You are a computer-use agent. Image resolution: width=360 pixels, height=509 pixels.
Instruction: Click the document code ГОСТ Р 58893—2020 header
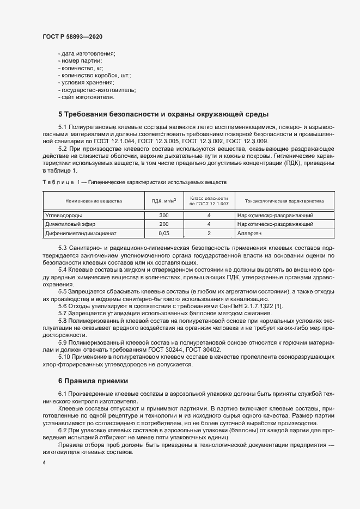pos(72,36)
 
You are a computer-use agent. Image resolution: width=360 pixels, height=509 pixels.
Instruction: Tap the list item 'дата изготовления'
pos(88,53)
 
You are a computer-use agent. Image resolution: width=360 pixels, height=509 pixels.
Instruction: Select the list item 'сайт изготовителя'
pos(88,97)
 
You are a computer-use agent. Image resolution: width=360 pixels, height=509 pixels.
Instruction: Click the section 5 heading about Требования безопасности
pos(163,114)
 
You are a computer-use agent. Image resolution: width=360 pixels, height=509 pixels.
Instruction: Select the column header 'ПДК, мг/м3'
pos(163,201)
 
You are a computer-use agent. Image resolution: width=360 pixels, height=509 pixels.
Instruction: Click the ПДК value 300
pos(163,216)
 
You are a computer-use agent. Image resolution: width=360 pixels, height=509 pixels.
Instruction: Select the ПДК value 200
pos(163,224)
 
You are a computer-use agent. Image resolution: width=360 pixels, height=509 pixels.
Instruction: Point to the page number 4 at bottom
pos(44,463)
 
